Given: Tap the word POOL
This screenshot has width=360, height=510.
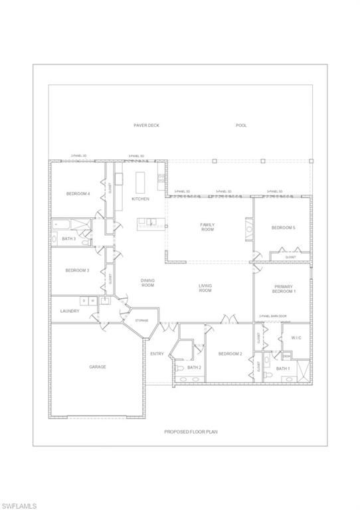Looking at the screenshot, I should click(x=241, y=125).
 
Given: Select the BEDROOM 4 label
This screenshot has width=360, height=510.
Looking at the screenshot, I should click(x=78, y=194).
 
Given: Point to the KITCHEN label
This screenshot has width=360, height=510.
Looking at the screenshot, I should click(x=140, y=199).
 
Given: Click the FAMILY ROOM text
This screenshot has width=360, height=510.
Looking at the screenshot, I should click(x=207, y=228).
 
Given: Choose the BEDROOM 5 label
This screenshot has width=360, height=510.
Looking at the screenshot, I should click(x=283, y=228).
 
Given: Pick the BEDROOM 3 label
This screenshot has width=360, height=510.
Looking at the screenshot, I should click(x=78, y=270).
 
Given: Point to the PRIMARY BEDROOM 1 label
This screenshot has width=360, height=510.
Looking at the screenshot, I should click(x=284, y=289).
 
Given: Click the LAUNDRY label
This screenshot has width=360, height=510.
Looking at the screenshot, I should click(x=70, y=311).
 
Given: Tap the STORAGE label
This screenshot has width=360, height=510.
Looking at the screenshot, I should click(x=142, y=321).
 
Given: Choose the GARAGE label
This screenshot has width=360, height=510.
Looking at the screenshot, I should click(x=98, y=367).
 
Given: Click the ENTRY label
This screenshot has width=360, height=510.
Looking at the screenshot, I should click(x=157, y=354).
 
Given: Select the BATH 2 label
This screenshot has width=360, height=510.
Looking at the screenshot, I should click(x=194, y=367).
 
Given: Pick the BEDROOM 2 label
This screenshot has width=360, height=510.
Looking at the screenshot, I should click(x=230, y=354).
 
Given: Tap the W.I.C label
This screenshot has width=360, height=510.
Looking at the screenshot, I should click(x=296, y=338).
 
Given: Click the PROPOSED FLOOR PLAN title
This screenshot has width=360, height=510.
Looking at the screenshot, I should click(x=191, y=431).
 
